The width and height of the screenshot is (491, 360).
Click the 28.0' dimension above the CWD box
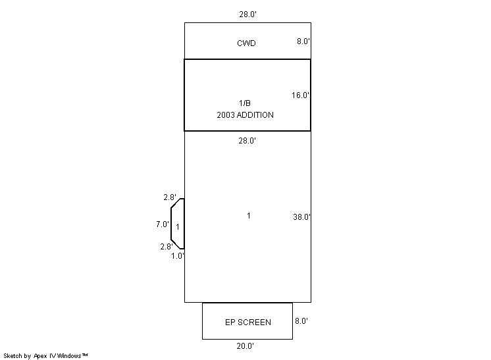click(x=248, y=14)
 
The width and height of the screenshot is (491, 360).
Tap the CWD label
click(x=246, y=43)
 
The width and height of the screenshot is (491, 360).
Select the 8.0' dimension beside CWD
click(x=303, y=41)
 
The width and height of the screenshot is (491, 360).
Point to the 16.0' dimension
click(x=301, y=95)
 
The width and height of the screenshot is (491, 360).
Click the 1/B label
click(x=245, y=103)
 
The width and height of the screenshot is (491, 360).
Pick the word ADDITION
click(x=255, y=115)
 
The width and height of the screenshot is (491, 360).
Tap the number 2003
click(x=226, y=115)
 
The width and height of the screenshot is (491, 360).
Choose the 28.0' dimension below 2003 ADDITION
click(x=247, y=141)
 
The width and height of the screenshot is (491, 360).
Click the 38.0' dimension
click(x=302, y=217)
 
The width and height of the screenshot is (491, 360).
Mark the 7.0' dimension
click(x=163, y=224)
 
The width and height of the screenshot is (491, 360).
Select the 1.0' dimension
click(x=178, y=256)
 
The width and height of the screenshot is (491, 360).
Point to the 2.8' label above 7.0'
click(x=170, y=197)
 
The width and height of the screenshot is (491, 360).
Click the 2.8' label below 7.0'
click(x=167, y=247)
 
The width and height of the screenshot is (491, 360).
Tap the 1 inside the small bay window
click(x=178, y=226)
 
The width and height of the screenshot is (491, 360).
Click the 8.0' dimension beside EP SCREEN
click(x=301, y=321)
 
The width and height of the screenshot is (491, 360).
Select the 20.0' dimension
click(x=245, y=346)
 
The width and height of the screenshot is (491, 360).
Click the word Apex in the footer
click(x=40, y=356)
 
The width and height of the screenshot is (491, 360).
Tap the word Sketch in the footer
click(x=13, y=356)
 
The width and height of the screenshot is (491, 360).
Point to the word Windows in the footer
click(x=69, y=356)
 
